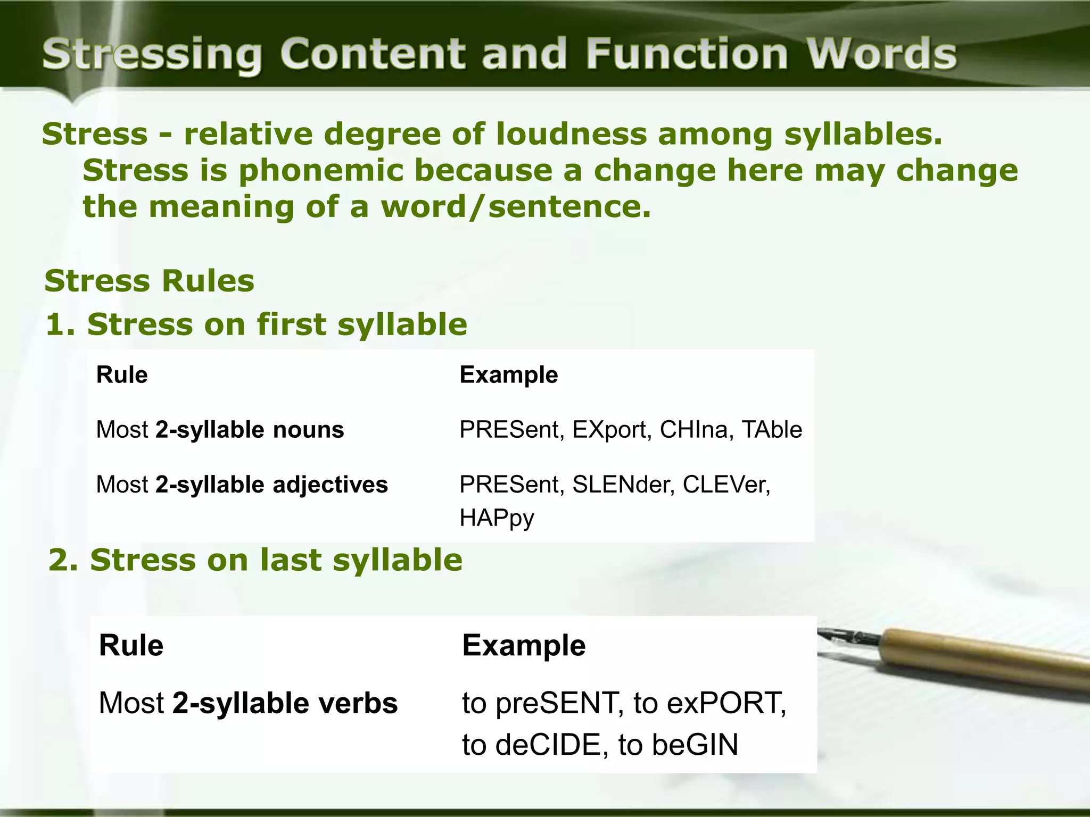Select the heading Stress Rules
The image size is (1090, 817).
(150, 281)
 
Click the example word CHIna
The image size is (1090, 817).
(693, 430)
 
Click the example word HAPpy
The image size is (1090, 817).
(496, 518)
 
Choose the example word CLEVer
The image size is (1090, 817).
(726, 485)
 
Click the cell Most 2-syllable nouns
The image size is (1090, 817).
(220, 430)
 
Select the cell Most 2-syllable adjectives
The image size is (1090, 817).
(242, 485)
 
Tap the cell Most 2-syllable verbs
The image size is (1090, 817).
(248, 703)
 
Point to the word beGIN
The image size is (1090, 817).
(695, 745)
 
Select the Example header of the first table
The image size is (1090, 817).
(508, 375)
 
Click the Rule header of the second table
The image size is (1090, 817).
(131, 646)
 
